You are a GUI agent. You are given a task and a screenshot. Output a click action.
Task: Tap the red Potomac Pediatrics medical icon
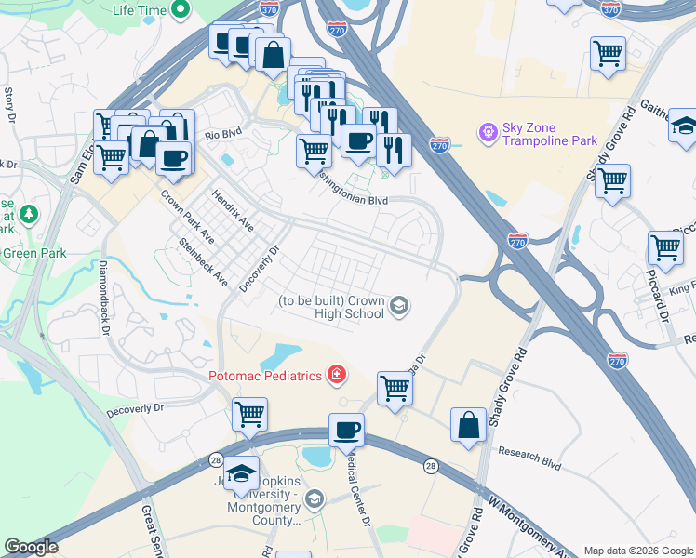point(336,375)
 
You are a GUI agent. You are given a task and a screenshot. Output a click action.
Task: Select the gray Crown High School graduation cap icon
point(399,306)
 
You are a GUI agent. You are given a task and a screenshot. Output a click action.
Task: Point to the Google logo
point(31,547)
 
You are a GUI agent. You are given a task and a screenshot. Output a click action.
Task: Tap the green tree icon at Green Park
point(29,215)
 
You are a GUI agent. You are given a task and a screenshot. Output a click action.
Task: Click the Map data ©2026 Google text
point(637,550)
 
